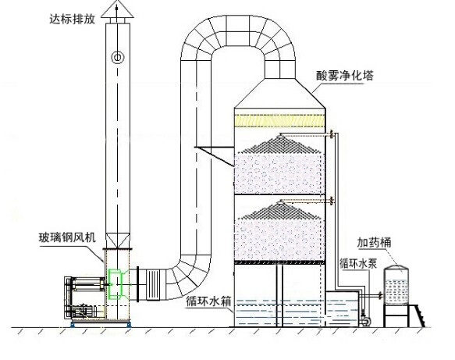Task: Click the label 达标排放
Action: coord(73,19)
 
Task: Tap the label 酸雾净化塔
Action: coord(344,76)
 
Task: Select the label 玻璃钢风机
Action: coord(67,237)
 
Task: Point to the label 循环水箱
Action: coord(208,301)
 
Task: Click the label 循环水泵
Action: coord(358,264)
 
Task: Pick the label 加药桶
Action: coord(374,242)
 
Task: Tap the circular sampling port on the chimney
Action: coord(118,57)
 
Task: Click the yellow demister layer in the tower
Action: coord(279,121)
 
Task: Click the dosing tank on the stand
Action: coord(396,285)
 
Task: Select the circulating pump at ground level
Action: coord(364,319)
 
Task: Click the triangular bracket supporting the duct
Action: coord(215,155)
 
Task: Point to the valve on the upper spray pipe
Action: coord(332,134)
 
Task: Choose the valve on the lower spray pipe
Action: coord(332,201)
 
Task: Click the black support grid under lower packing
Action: coord(279,262)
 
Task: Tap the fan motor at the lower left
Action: coord(84,311)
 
